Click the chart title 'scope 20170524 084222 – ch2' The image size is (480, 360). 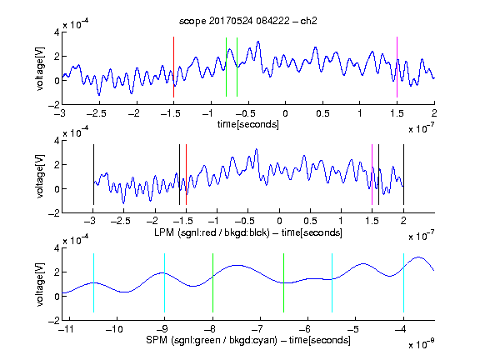pos(248,21)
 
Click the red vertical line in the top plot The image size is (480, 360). pos(173,67)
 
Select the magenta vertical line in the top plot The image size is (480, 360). pos(397,67)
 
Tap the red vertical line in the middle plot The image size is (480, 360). pos(186,174)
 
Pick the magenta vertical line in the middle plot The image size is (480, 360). pos(372,174)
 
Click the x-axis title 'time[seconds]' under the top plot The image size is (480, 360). pos(248,124)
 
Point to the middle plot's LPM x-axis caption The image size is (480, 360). pos(248,232)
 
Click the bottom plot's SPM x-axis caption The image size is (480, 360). pos(248,340)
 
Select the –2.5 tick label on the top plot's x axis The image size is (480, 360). pos(96,113)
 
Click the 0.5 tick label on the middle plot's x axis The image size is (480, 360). pos(310,221)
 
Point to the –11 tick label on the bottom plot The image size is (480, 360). pos(66,329)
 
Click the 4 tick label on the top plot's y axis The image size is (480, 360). pos(57,32)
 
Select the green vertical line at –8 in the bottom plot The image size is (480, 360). pos(212,282)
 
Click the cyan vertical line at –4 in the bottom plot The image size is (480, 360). pos(403,282)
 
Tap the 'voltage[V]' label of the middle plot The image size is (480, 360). pos(40,177)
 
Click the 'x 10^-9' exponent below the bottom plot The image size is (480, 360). pos(421,344)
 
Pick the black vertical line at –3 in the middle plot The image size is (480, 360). pos(93,174)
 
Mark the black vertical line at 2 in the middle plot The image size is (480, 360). pos(403,174)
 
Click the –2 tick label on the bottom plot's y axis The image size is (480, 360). pos(54,321)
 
